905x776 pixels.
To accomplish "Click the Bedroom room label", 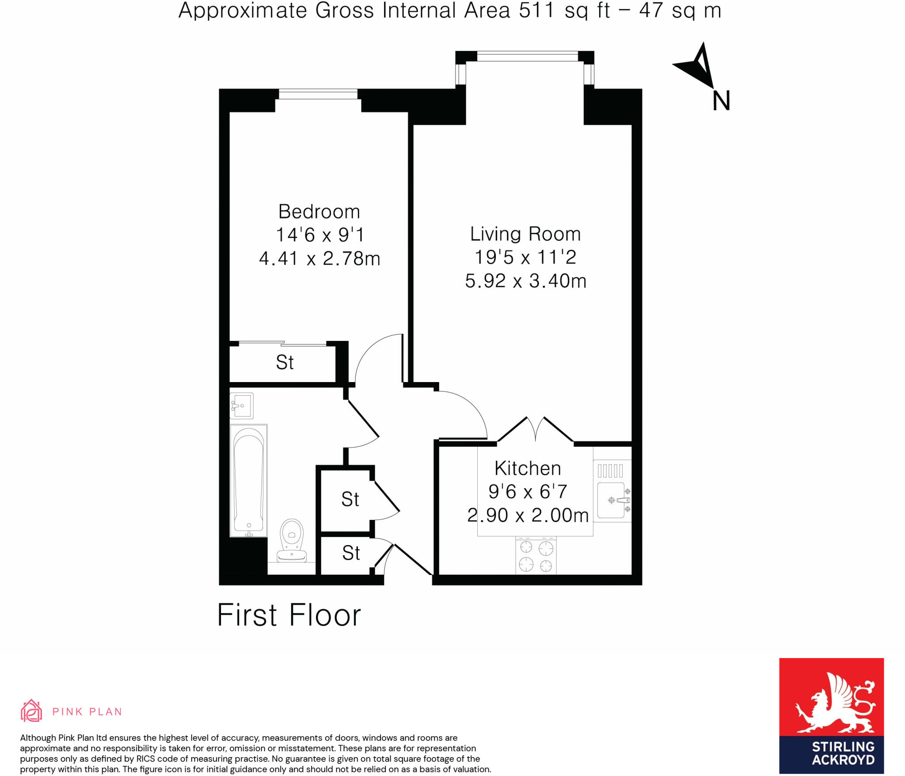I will [x=319, y=212].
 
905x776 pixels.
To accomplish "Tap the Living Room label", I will [x=525, y=234].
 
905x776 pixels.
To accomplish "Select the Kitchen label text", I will [x=528, y=469].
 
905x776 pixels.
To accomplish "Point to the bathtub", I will [x=248, y=480].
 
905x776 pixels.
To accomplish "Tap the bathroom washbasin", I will [x=241, y=405].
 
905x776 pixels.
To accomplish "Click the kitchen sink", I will [x=612, y=500].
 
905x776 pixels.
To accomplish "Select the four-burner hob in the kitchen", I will [x=536, y=556].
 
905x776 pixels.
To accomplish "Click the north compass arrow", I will [x=697, y=65].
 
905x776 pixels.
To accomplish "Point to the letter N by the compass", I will [x=721, y=101].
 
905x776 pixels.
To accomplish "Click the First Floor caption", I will [x=289, y=615].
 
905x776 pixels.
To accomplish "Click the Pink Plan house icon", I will [x=31, y=711].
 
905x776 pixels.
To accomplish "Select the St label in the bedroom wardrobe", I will [x=285, y=363].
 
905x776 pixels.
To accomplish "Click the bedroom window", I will [x=318, y=94].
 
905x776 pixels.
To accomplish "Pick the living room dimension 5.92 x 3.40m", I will [x=525, y=281].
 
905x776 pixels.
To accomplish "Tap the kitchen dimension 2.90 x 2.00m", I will [x=528, y=515].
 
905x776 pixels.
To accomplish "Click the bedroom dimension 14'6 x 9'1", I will [x=319, y=235].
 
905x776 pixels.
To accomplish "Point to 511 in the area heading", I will [x=536, y=11].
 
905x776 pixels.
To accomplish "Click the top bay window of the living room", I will [x=527, y=57].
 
